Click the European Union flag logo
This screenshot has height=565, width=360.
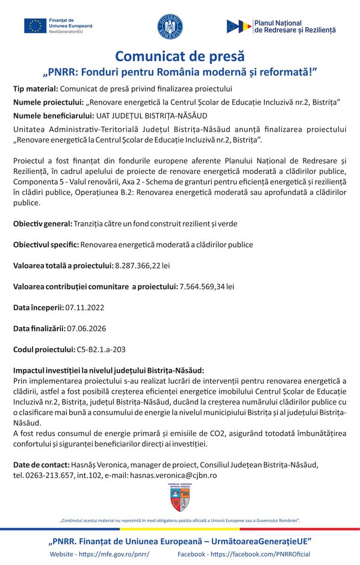(x=35, y=26)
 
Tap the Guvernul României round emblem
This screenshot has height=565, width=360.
(x=170, y=26)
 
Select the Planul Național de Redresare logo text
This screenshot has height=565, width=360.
(x=294, y=26)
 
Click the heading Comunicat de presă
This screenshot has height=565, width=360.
(x=180, y=56)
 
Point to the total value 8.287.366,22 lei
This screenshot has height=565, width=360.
(x=142, y=265)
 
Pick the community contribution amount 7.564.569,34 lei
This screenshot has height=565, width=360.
(x=207, y=286)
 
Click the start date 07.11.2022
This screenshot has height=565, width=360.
(x=85, y=307)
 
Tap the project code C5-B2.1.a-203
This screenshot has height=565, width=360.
(x=101, y=349)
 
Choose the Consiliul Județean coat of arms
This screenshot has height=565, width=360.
(x=180, y=497)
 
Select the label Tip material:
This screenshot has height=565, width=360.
(x=35, y=88)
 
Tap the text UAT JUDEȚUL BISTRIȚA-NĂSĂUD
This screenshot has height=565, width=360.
(x=152, y=115)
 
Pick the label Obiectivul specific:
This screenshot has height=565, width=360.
(x=46, y=244)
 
